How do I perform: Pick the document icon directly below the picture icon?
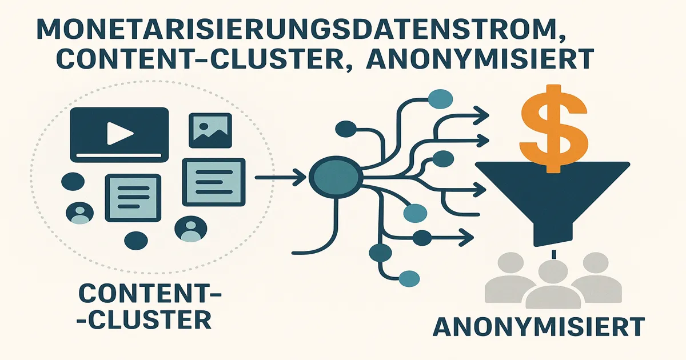(x=213, y=181)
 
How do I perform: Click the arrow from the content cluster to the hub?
(x=280, y=178)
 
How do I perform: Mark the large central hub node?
(x=334, y=178)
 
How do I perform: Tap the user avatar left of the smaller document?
(x=79, y=213)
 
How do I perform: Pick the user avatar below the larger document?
(x=190, y=229)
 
